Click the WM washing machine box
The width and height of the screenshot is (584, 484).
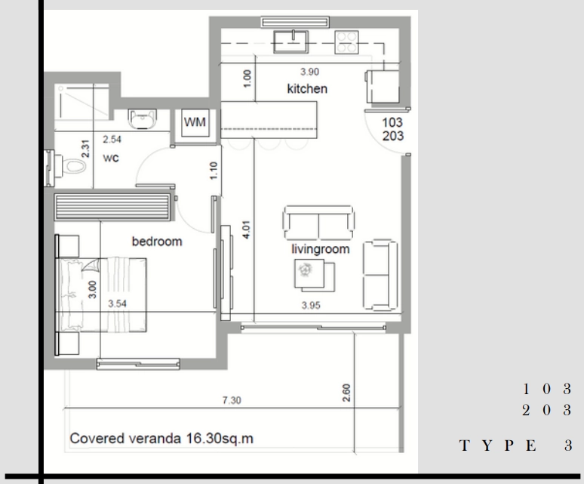[x=195, y=122]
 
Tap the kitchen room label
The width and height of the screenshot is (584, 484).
[x=307, y=88]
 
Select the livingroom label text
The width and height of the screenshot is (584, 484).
[x=321, y=249]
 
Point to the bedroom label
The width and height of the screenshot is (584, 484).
[x=157, y=242]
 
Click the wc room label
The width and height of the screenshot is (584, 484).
[x=111, y=158]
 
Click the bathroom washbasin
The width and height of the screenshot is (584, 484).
[x=142, y=119]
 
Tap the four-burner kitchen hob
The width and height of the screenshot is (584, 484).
[x=346, y=42]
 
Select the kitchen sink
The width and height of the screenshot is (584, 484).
[x=291, y=42]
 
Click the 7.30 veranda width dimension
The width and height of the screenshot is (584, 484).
[x=232, y=400]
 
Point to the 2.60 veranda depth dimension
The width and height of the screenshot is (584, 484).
[x=346, y=393]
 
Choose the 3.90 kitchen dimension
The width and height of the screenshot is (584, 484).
[x=310, y=72]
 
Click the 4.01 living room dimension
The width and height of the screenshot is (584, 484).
[x=246, y=230]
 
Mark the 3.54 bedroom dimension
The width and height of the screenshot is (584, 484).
[x=117, y=304]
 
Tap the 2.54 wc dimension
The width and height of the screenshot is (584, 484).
[x=112, y=140]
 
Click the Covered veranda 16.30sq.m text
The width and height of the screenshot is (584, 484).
[x=161, y=438]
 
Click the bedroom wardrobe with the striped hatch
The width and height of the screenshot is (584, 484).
[x=113, y=207]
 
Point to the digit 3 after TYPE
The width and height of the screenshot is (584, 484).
[x=568, y=445]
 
